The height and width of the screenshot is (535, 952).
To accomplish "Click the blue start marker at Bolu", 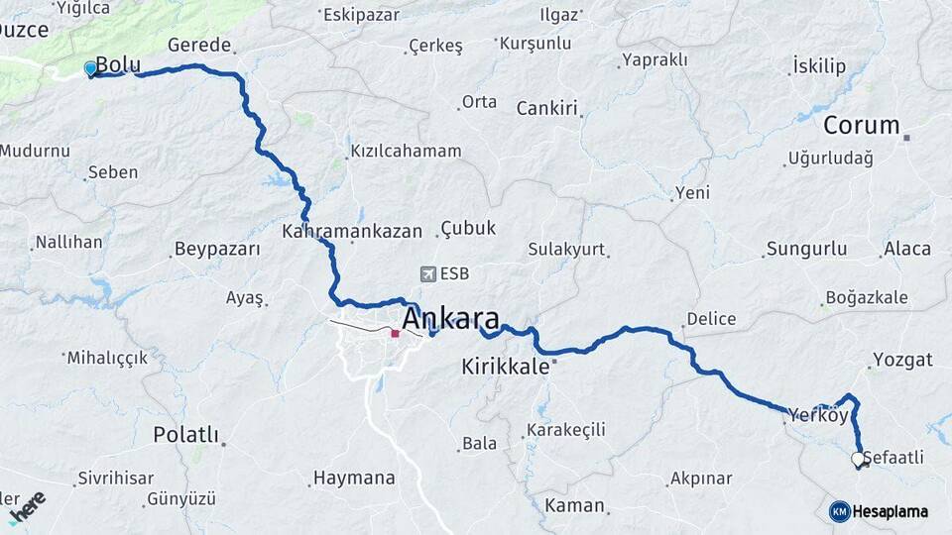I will point(90,68).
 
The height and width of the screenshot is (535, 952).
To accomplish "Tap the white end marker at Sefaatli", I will point(858,459).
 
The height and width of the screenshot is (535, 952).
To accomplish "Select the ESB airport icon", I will point(428,273).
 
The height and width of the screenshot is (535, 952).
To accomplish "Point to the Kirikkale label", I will point(505,367).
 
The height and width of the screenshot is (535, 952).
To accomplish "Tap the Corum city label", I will point(861,126).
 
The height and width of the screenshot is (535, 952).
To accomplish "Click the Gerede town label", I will point(199,46).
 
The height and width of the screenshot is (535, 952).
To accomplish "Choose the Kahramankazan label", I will point(352,231).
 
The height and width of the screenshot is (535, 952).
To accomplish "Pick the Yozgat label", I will point(902,359).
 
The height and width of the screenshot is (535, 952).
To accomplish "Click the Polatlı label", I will point(185,435).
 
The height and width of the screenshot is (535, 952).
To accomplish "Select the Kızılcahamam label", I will point(406,152).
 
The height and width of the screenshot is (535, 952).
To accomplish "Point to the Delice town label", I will point(712,319).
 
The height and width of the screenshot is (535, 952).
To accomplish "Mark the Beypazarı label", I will point(216,248).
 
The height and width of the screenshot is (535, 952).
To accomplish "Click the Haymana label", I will point(354,478).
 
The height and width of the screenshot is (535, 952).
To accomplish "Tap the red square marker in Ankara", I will point(395,334).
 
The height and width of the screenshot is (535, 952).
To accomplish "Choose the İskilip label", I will point(819,66).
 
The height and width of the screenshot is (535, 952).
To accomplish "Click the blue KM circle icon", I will point(839,511).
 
